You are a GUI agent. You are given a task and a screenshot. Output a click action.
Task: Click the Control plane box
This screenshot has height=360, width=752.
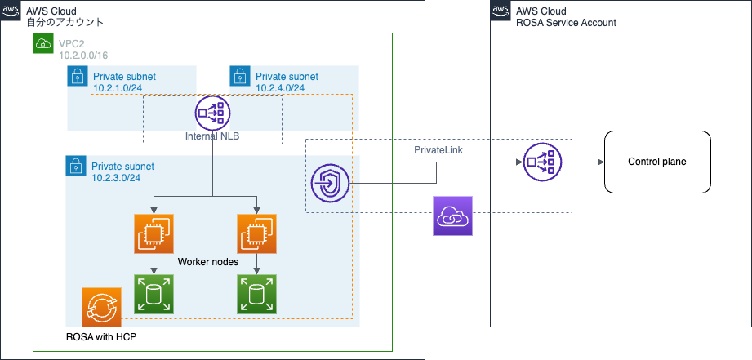point(656,162)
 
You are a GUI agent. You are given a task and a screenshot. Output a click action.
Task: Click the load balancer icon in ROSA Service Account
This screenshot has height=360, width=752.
point(541,162)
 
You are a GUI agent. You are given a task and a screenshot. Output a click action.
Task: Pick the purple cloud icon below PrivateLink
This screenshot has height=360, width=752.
point(452,216)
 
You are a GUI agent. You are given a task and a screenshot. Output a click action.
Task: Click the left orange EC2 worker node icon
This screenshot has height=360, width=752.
point(154,234)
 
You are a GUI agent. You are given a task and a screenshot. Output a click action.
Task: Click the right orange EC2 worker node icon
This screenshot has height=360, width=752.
point(257,234)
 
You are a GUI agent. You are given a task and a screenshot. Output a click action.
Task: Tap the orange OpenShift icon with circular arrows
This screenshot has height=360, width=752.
point(101,307)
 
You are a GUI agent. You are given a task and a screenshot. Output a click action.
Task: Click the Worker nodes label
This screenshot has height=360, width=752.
point(208,263)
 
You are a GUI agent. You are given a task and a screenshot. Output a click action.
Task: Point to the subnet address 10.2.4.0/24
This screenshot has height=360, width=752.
point(280,88)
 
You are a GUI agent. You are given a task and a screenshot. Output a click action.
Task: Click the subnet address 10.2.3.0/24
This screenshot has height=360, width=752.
point(116,178)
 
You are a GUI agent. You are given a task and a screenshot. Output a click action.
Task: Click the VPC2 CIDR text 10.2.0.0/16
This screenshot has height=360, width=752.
point(82,54)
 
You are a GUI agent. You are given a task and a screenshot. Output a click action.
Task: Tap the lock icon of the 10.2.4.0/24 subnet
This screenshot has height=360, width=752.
point(239,77)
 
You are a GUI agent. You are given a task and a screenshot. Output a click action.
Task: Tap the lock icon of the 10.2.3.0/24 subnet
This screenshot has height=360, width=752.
point(76,166)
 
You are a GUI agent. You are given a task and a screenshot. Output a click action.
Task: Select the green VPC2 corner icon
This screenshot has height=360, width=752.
point(42,43)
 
